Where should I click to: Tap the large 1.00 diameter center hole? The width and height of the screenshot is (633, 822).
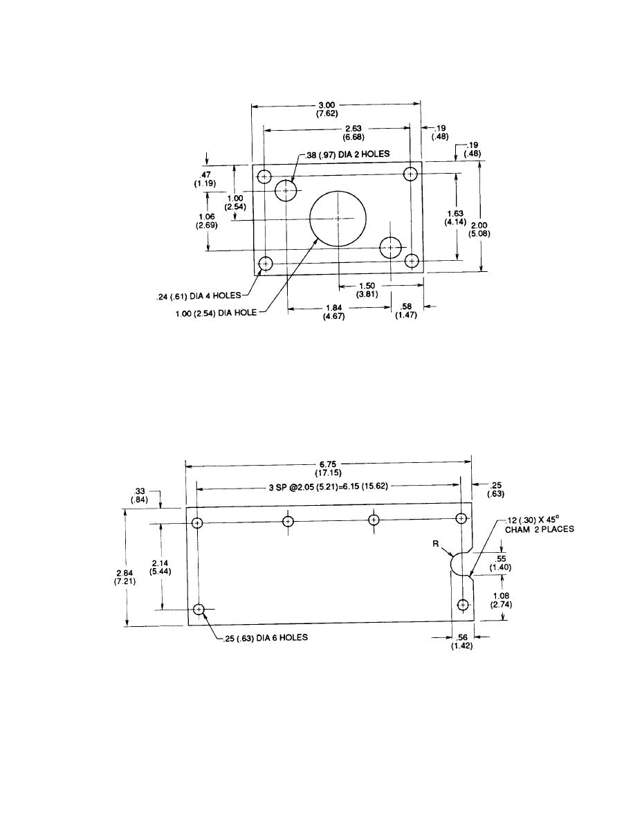click(x=337, y=218)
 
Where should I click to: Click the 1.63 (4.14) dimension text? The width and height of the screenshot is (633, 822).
click(x=455, y=218)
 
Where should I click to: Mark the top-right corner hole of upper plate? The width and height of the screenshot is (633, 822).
click(x=412, y=174)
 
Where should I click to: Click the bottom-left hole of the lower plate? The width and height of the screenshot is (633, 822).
click(x=199, y=610)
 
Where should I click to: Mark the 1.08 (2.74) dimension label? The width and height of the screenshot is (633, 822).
click(x=500, y=599)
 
